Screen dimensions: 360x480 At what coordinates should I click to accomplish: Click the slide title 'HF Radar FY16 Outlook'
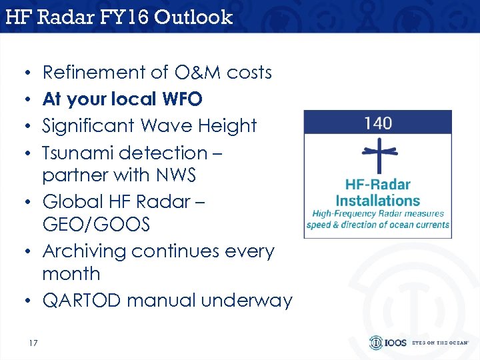pyautogui.click(x=119, y=17)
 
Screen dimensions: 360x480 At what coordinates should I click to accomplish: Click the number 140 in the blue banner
pyautogui.click(x=378, y=123)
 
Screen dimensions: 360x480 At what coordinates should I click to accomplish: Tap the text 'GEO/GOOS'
pyautogui.click(x=96, y=225)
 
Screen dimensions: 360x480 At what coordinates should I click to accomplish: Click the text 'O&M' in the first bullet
pyautogui.click(x=179, y=72)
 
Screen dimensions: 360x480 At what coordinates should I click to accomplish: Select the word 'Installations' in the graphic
pyautogui.click(x=378, y=200)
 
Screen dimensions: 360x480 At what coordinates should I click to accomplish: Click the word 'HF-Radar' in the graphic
pyautogui.click(x=378, y=185)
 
